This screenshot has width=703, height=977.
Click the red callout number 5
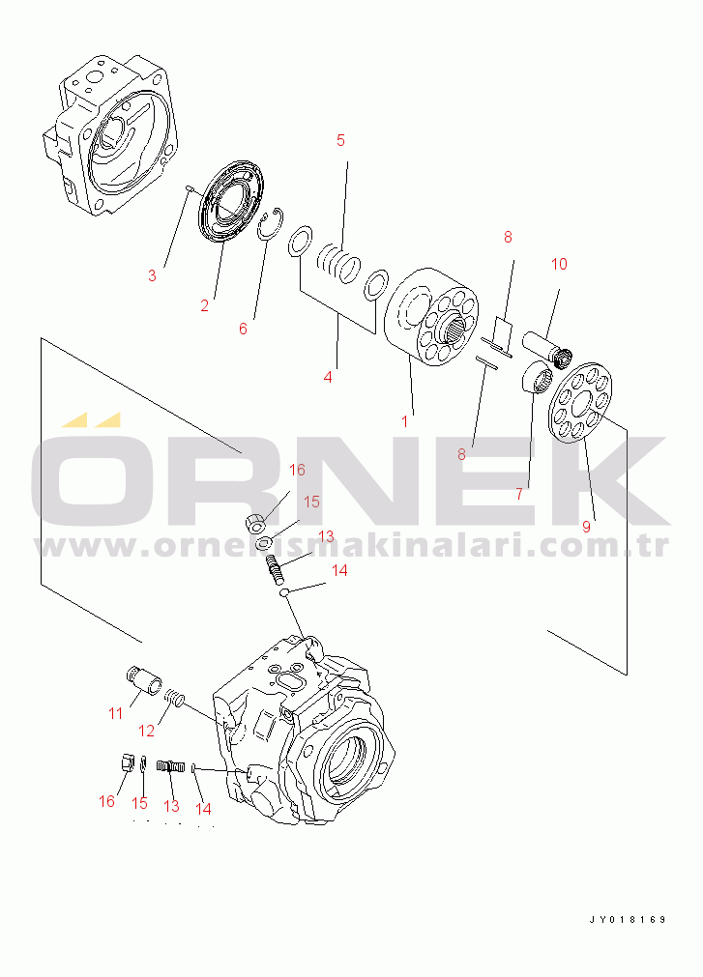point(340,140)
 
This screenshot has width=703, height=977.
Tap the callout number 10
point(559,264)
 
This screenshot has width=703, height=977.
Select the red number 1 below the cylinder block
point(404,422)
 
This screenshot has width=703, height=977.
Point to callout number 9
point(586,527)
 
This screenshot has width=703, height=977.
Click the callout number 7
point(520,494)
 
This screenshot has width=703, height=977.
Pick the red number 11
point(116,713)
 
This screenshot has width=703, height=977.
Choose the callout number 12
point(146,731)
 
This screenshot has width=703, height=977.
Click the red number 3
point(152,275)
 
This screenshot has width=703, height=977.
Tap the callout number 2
point(204,306)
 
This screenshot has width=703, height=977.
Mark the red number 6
point(243,329)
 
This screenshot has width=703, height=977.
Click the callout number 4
point(328,377)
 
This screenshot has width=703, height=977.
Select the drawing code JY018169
point(628,920)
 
